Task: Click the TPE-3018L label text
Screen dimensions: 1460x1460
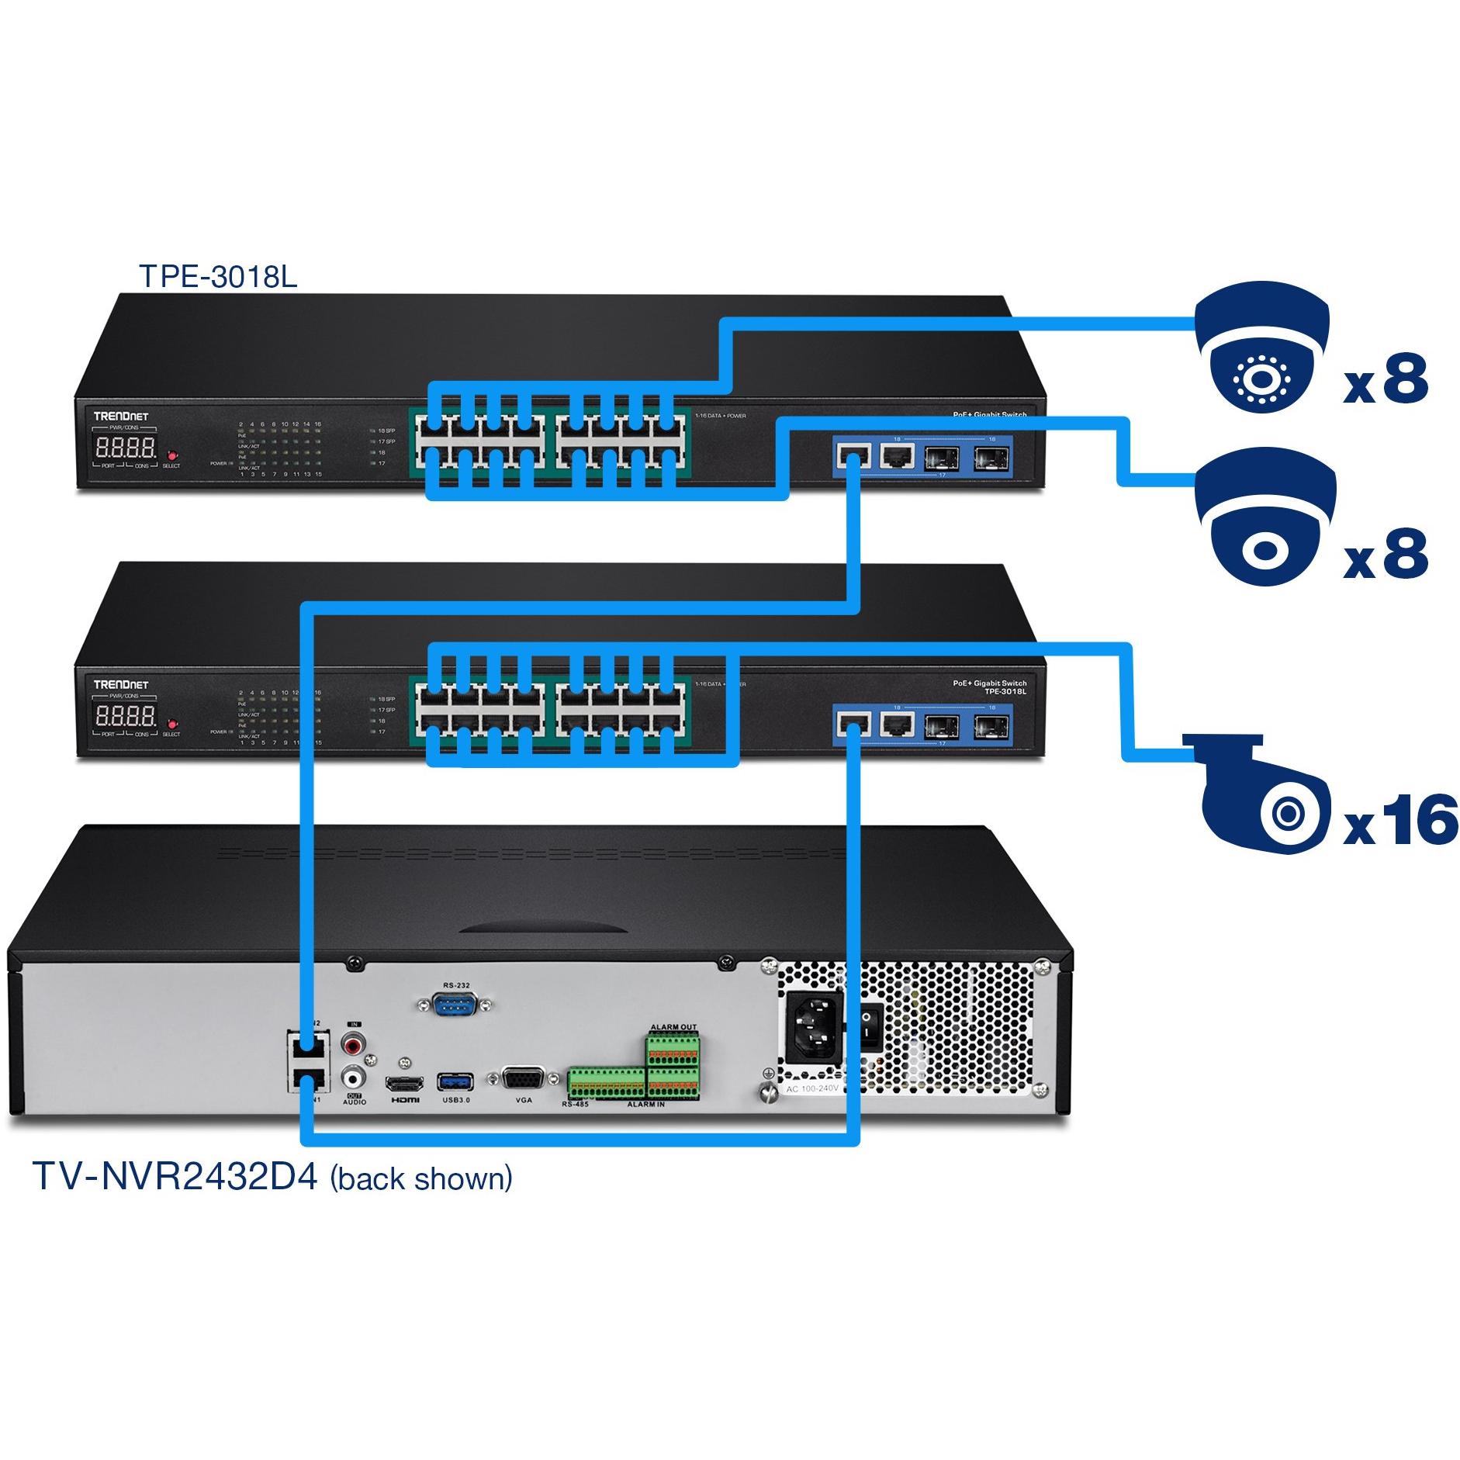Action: click(x=217, y=276)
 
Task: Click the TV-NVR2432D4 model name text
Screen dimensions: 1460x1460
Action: click(x=175, y=1176)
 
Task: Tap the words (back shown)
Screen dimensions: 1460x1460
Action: click(x=421, y=1178)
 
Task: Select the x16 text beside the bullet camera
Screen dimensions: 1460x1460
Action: click(x=1399, y=820)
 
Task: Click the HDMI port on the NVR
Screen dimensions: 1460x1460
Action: click(x=405, y=1083)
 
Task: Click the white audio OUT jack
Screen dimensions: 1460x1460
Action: click(x=355, y=1078)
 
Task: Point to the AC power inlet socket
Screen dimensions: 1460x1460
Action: click(x=815, y=1027)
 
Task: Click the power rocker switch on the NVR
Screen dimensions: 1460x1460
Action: click(x=871, y=1026)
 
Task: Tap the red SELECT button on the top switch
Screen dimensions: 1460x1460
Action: click(x=172, y=455)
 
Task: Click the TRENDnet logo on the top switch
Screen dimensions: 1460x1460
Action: click(x=121, y=416)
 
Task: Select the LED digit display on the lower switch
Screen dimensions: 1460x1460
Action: click(x=124, y=715)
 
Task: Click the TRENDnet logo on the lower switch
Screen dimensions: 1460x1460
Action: click(x=121, y=684)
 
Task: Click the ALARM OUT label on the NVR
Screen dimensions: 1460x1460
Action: click(x=673, y=1027)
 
